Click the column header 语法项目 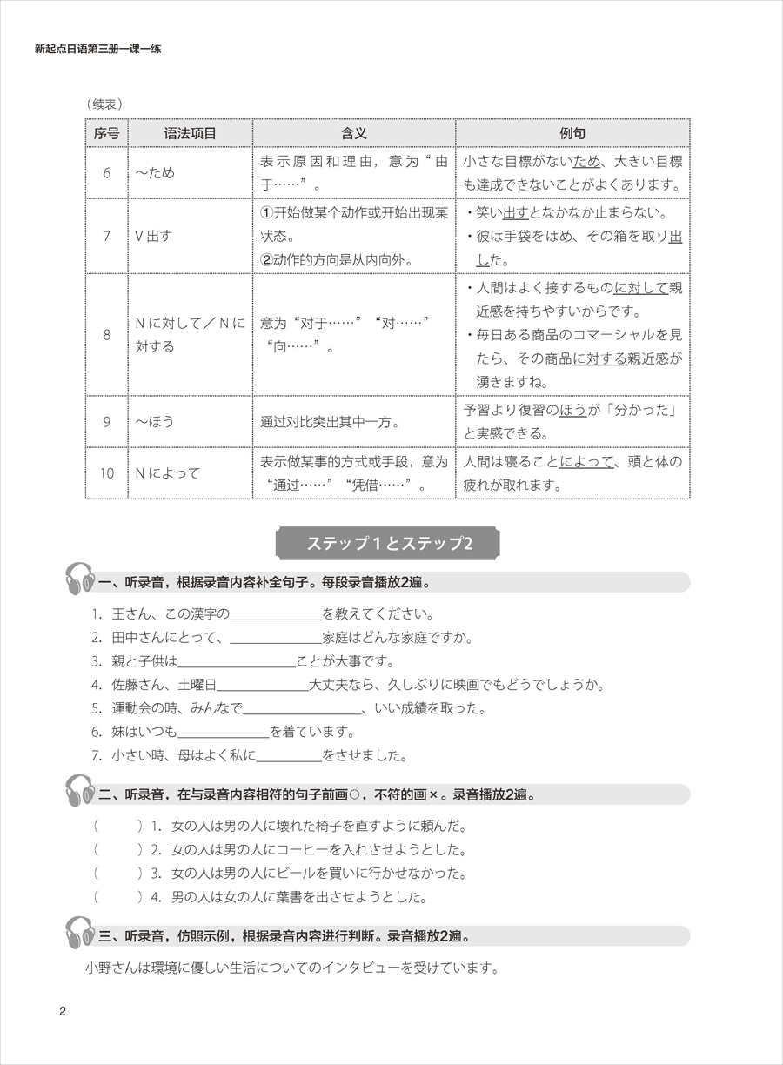tap(190, 133)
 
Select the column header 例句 tap(572, 133)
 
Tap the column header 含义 tap(353, 133)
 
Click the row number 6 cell tap(106, 172)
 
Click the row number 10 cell tap(106, 473)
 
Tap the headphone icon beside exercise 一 tap(80, 580)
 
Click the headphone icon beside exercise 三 tap(80, 934)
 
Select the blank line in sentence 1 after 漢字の tap(276, 615)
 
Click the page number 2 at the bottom tap(62, 1010)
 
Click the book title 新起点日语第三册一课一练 tap(97, 50)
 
